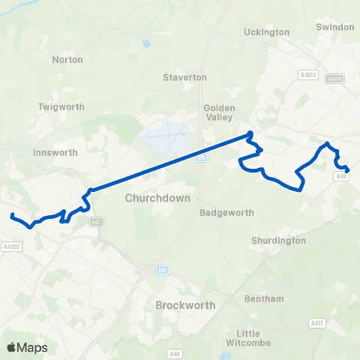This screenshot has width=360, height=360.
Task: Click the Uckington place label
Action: coord(267,32)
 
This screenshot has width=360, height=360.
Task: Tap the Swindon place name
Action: coord(335,27)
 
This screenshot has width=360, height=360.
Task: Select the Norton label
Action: coord(67,59)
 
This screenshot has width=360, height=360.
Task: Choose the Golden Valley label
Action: coord(220,112)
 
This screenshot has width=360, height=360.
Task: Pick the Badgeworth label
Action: coord(227,212)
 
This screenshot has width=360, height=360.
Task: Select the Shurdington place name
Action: coord(278,241)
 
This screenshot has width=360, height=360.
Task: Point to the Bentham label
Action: coord(264,298)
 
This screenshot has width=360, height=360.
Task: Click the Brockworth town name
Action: coord(184,305)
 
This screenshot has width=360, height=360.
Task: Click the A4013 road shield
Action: coord(308,75)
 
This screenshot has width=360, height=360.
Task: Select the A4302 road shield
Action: coord(10,246)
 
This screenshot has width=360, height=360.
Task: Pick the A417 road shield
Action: coord(317,322)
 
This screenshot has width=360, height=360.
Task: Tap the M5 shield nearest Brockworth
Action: coord(163,269)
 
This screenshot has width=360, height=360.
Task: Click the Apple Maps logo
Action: coord(27,347)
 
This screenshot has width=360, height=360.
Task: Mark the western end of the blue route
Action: coord(12,216)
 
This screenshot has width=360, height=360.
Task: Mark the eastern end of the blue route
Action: coord(347,169)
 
